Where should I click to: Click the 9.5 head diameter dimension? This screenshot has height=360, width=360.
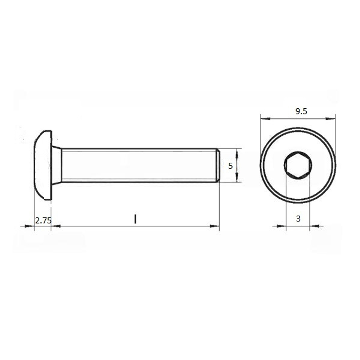click(301, 111)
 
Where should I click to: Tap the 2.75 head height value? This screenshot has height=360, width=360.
click(43, 221)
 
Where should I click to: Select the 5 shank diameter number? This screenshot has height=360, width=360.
click(230, 166)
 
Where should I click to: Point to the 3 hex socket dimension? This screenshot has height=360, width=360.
click(298, 219)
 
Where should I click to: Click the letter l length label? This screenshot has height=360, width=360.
click(135, 219)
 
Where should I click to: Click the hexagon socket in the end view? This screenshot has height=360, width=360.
click(298, 165)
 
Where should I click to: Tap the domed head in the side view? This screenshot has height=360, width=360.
click(43, 165)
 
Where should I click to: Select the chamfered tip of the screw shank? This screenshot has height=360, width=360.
click(218, 165)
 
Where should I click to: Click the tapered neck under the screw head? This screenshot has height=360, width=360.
click(57, 165)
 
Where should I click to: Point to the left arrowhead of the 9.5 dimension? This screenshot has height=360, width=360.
click(265, 119)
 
